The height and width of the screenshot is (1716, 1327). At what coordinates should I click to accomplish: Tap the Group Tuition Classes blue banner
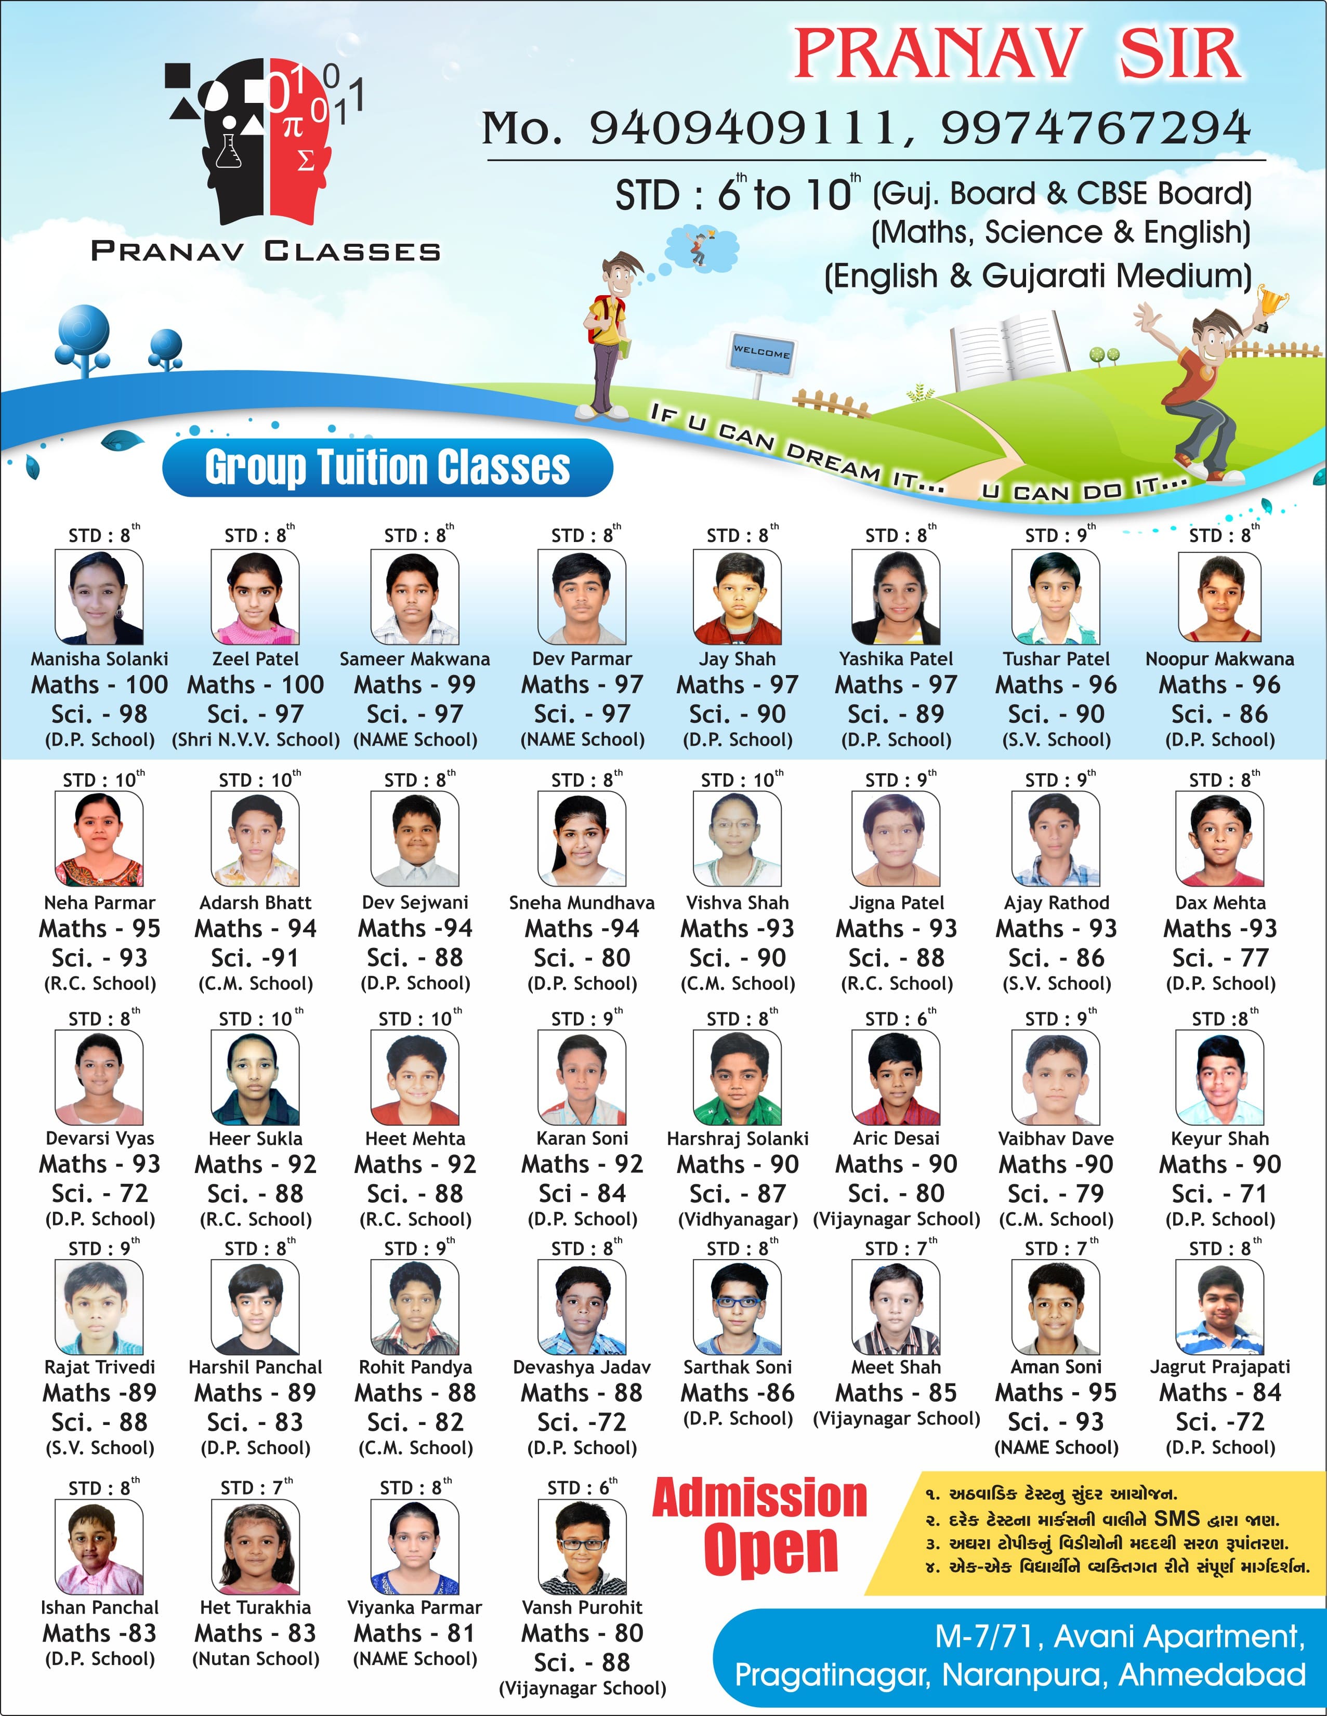click(387, 468)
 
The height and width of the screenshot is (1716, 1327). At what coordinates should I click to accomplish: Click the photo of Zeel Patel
click(255, 597)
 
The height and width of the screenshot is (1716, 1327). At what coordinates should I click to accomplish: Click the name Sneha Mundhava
click(582, 903)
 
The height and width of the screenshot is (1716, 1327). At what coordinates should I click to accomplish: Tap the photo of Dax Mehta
click(1219, 839)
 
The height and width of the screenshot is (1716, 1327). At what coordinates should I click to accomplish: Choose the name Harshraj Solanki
click(737, 1139)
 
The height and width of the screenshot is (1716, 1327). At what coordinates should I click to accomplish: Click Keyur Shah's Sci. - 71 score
click(1219, 1194)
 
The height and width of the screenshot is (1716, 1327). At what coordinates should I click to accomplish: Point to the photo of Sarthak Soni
click(737, 1308)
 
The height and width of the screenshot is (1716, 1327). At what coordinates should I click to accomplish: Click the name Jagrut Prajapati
click(1219, 1367)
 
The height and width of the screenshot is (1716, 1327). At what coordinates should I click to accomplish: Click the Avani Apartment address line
click(1120, 1636)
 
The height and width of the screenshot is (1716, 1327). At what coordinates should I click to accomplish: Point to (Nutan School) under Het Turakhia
click(255, 1659)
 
